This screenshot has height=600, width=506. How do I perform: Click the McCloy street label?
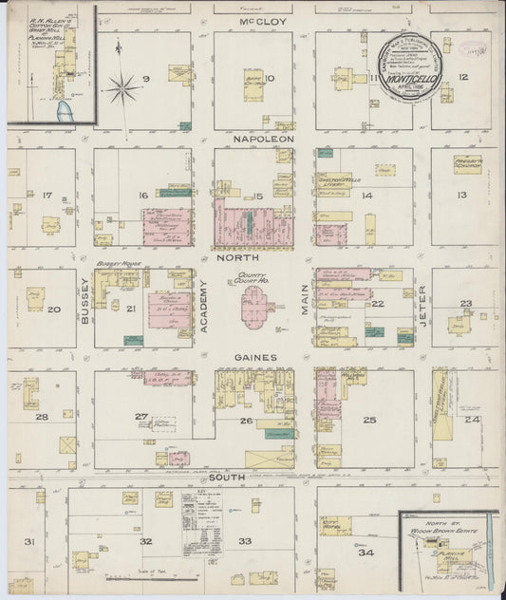click(253, 21)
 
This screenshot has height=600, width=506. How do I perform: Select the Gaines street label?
click(252, 357)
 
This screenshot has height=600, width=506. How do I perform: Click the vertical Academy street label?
click(203, 309)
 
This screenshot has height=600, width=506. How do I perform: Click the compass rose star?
click(122, 90)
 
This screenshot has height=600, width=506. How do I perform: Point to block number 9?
click(146, 78)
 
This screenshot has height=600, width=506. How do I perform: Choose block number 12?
click(462, 77)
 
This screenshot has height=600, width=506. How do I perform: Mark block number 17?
click(47, 196)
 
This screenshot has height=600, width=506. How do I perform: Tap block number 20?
click(54, 309)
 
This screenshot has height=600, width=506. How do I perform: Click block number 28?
click(42, 416)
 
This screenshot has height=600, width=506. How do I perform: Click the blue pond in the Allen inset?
click(64, 115)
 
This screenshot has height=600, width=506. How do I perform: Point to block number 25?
click(368, 419)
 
